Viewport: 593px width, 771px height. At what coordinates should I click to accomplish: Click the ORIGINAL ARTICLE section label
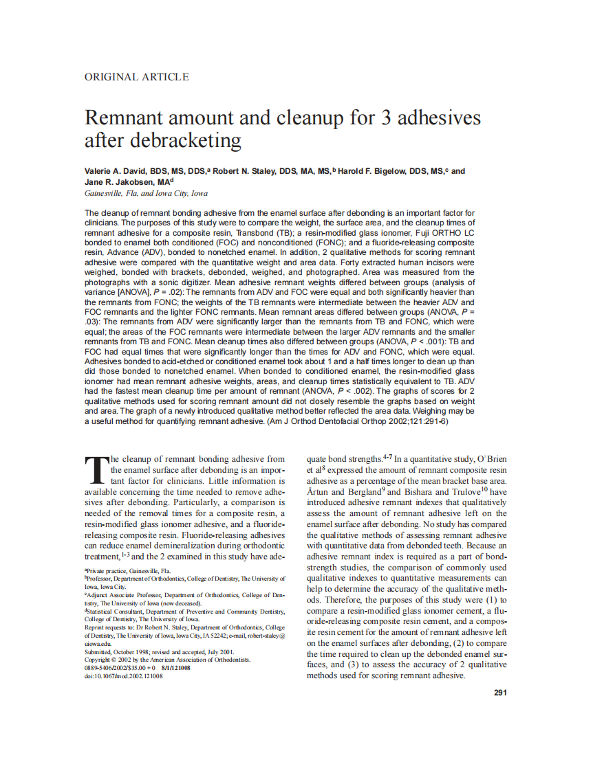click(136, 77)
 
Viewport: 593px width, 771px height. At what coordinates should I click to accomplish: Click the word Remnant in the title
click(124, 118)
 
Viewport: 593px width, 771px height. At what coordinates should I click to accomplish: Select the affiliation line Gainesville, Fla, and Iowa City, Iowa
click(146, 194)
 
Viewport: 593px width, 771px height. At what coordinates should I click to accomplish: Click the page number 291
click(500, 692)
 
